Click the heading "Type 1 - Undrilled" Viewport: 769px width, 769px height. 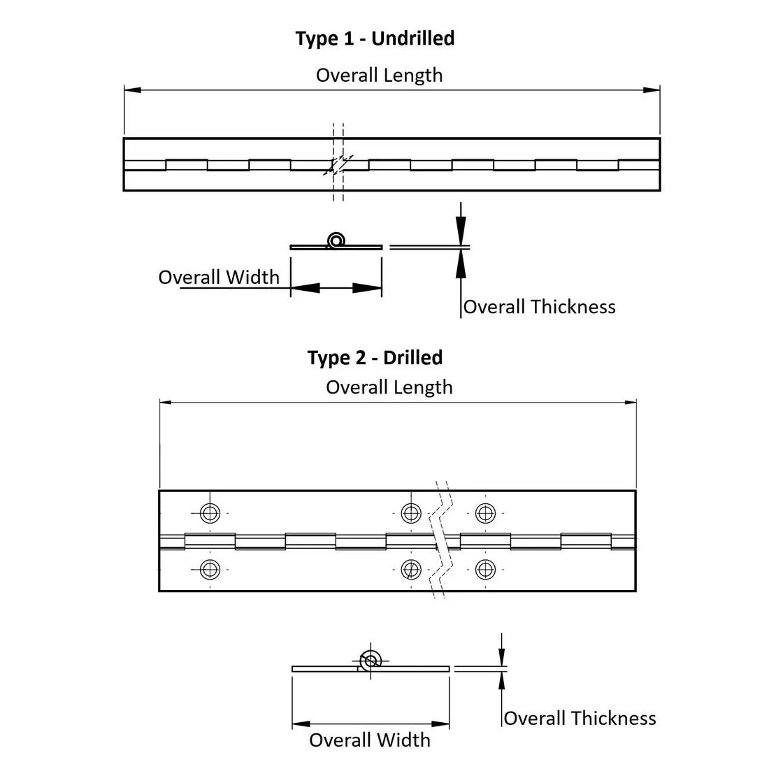point(375,38)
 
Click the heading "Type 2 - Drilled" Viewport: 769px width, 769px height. point(375,357)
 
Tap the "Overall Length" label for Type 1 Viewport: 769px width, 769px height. point(379,75)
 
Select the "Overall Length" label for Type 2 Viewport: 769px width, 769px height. point(389,387)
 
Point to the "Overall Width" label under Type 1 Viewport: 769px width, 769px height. point(218,277)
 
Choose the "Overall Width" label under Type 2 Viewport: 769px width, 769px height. point(370,740)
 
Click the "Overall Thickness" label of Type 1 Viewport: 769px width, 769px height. point(539,306)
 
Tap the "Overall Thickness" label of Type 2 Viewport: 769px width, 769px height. point(580,718)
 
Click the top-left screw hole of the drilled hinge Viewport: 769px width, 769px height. point(210,513)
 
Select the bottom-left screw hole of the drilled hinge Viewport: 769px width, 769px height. point(210,570)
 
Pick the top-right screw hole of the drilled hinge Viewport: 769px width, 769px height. point(485,513)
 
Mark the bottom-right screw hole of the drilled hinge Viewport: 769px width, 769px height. point(485,570)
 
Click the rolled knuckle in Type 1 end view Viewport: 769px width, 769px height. point(336,240)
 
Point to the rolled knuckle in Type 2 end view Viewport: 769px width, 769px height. point(370,659)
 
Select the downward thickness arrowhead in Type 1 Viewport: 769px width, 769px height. point(460,231)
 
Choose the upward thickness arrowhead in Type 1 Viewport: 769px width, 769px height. point(460,262)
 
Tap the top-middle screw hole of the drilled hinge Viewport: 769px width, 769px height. point(411,513)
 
